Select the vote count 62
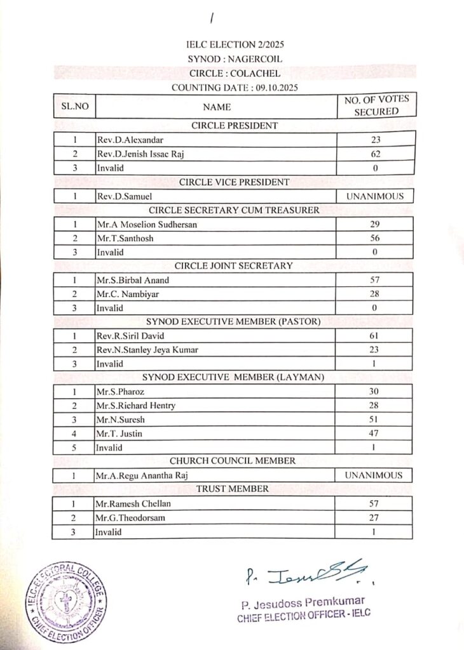[x=375, y=154]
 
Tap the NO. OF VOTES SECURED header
[x=376, y=105]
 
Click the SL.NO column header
[x=74, y=106]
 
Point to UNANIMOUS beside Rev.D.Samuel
[x=375, y=196]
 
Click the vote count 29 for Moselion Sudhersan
[x=375, y=224]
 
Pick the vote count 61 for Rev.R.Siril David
[x=375, y=335]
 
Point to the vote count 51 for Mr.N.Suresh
[x=375, y=420]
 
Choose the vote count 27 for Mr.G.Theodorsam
[x=375, y=517]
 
